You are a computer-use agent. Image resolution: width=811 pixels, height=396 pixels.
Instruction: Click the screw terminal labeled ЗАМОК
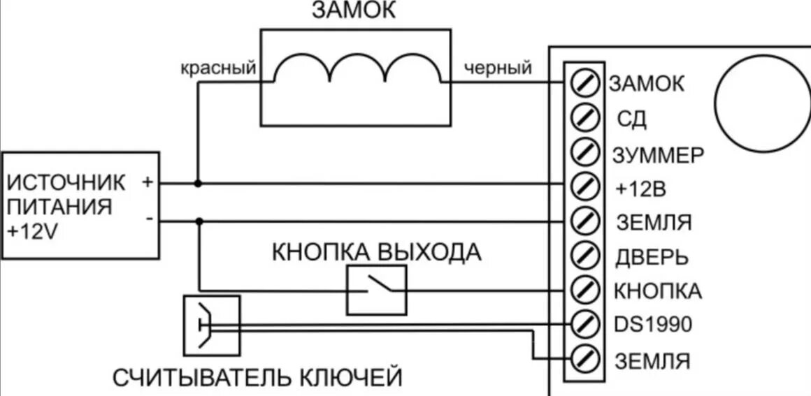585,83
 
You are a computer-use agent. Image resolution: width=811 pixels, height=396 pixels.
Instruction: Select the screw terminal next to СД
585,117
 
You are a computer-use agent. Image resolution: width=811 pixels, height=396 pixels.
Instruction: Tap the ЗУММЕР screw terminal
585,151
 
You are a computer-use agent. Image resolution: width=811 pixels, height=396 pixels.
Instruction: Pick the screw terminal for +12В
585,185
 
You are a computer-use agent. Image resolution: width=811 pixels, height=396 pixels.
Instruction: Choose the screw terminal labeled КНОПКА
585,288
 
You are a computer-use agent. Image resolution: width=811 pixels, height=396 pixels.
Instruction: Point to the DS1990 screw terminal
585,323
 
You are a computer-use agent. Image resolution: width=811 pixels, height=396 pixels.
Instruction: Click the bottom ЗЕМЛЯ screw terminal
585,358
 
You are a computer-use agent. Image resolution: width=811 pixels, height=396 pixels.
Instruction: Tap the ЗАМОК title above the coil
353,11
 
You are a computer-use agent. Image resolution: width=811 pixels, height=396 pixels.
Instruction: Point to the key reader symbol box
211,325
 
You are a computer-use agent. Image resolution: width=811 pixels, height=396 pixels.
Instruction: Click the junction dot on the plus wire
199,184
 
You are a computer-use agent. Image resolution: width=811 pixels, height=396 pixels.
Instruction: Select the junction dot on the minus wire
199,221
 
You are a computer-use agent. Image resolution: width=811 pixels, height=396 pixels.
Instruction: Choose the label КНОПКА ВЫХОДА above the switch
376,251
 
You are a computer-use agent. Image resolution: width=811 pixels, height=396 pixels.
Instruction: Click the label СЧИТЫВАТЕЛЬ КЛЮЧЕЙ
258,378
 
